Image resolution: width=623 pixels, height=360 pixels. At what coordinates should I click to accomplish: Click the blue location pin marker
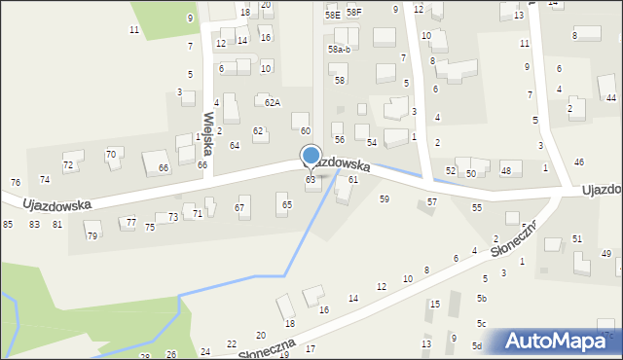[x=311, y=157]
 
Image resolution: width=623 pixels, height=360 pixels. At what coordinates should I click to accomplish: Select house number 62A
[x=273, y=102]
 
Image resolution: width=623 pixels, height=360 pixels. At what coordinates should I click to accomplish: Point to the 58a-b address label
[x=339, y=49]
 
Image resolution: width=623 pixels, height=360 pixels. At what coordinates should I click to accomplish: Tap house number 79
[x=92, y=236]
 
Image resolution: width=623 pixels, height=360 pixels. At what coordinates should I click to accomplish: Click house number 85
[x=8, y=225]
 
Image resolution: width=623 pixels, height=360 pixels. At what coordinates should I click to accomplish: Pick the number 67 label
[x=239, y=207]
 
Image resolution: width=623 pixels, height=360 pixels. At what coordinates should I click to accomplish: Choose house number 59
[x=385, y=198]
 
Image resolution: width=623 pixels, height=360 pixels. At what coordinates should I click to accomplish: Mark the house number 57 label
[x=432, y=201]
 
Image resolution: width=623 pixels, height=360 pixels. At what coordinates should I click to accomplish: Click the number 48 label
[x=505, y=170]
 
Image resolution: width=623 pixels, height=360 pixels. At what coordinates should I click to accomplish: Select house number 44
[x=611, y=98]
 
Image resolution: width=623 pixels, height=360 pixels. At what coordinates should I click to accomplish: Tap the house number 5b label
[x=482, y=298]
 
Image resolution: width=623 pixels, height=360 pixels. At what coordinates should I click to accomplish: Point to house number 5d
[x=477, y=345]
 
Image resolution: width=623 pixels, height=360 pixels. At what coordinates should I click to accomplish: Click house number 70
[x=111, y=154]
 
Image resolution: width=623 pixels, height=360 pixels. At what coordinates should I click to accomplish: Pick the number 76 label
[x=15, y=183]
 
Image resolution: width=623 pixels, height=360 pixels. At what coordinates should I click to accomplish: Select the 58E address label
[x=332, y=15]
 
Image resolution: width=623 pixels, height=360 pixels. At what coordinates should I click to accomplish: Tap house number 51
[x=577, y=238]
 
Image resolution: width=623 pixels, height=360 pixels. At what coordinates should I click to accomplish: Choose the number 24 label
[x=205, y=351]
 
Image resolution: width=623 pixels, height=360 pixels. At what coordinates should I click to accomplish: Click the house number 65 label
[x=287, y=204]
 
